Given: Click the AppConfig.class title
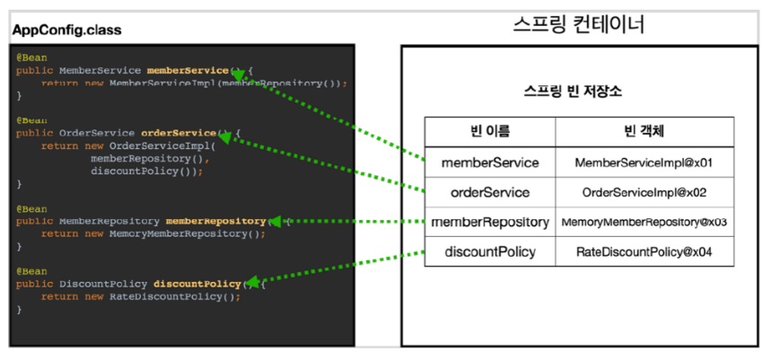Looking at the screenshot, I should (67, 31).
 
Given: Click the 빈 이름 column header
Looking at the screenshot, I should (490, 132).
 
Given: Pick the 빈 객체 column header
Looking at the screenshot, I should (644, 132).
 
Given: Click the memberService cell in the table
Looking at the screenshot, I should (490, 162).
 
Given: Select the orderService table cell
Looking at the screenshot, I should (490, 192).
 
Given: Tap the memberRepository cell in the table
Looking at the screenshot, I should (490, 222).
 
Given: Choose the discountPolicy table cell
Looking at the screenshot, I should (490, 251).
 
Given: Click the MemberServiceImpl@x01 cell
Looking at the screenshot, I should (644, 162).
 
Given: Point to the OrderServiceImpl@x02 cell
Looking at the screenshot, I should (644, 192).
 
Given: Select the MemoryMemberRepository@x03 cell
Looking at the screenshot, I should (644, 222).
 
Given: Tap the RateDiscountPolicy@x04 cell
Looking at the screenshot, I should (644, 251).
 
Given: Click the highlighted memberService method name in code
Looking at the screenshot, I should (188, 70).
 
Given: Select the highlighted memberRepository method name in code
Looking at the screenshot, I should (216, 221).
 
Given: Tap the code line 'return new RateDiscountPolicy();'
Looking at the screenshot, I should (141, 296).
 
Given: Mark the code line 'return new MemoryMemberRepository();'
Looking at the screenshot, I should (153, 233).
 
